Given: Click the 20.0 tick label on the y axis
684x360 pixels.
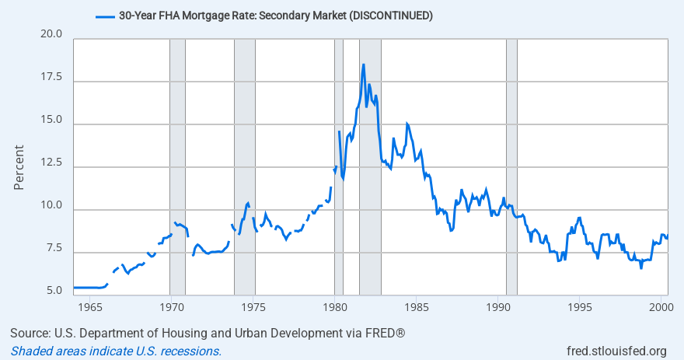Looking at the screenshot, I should (51, 35).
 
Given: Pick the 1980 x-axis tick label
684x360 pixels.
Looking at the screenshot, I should (334, 305).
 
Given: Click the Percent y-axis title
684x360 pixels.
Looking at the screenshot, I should (21, 166).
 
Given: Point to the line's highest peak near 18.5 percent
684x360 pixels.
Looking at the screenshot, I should (363, 65).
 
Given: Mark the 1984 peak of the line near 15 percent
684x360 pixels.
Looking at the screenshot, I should (407, 124).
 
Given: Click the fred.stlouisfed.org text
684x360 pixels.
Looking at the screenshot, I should (616, 351).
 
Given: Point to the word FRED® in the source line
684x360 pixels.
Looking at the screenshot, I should (385, 334).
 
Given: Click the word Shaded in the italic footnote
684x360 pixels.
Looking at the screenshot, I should (30, 351).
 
